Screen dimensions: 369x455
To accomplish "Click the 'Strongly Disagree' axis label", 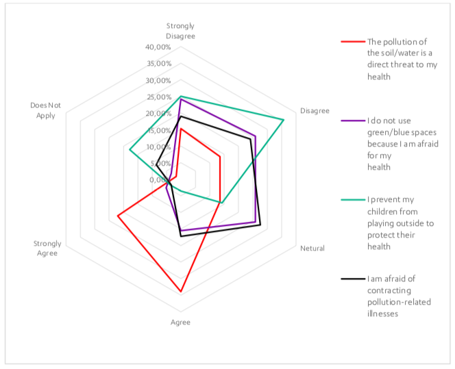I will pos(181,31).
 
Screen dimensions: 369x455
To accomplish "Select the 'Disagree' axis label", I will pos(315,110).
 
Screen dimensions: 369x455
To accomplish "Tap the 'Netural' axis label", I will pos(312,248).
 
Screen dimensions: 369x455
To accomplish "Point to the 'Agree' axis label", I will pos(181,322).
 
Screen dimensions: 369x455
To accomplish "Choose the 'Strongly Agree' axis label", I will pos(47,248).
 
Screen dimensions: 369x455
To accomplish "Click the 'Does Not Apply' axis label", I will pos(45,110).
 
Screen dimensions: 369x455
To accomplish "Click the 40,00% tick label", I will pos(159,47).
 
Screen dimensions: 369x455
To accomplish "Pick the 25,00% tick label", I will pos(159,97).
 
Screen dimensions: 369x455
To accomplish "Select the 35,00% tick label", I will pos(159,64).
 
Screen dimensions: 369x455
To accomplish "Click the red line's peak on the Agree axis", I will pos(181,292).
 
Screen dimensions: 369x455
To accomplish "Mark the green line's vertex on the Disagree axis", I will pos(284,120).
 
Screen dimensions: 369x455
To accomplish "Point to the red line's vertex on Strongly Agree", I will pos(118,216).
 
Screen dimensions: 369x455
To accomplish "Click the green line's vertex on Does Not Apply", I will pos(130,150).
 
